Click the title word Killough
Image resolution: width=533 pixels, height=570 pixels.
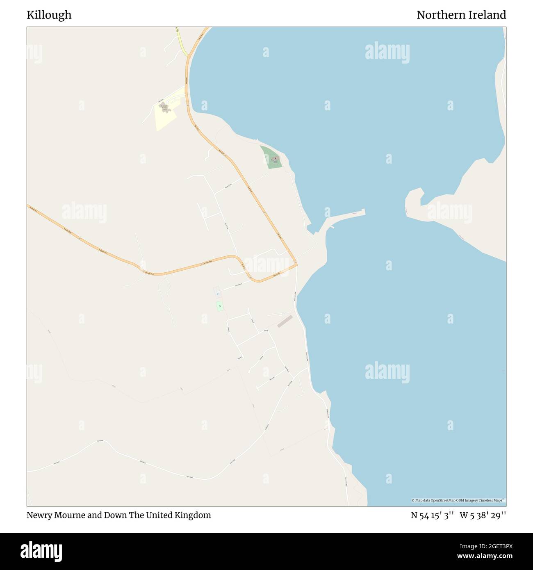pos(49,15)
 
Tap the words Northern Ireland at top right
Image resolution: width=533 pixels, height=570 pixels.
pos(461,15)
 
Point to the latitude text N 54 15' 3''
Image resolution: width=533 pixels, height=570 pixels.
pos(432,515)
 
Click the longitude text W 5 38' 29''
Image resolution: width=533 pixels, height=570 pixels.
pos(483,515)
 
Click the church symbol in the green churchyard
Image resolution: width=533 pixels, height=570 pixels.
pos(275,157)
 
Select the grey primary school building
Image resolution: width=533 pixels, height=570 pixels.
pos(164,107)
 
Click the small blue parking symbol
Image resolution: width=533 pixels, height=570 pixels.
pos(217,293)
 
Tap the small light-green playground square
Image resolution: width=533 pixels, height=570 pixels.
pos(220,306)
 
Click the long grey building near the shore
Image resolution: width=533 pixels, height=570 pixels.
pos(285,321)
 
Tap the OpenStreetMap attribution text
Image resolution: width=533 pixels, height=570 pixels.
pos(458,500)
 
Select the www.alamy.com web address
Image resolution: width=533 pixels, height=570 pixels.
pos(485,556)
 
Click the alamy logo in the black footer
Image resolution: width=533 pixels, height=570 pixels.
pos(41,551)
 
